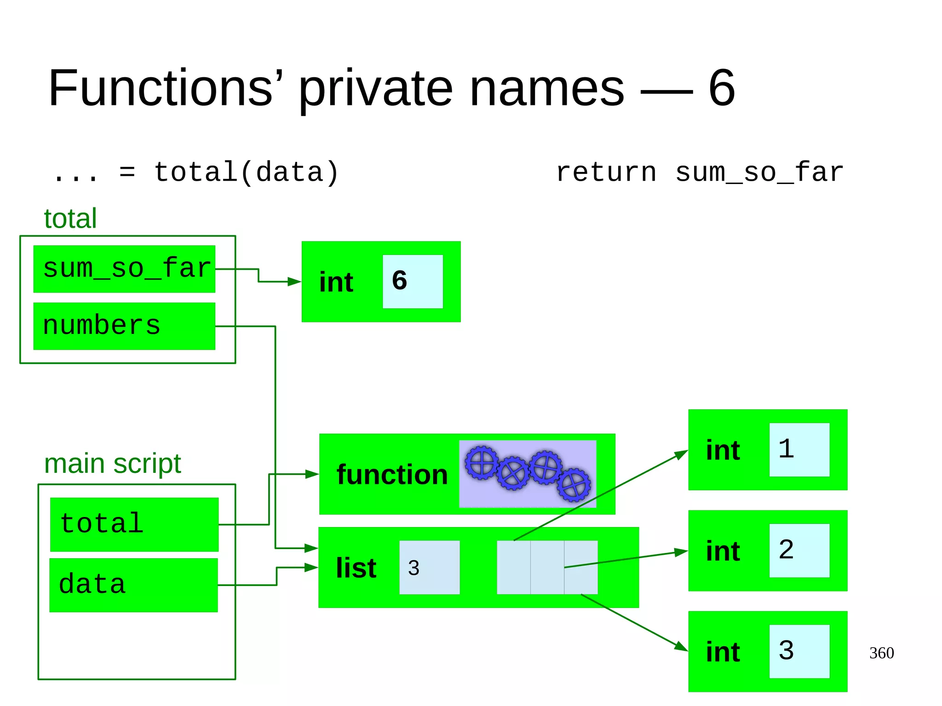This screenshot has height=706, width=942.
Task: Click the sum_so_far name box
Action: pyautogui.click(x=124, y=269)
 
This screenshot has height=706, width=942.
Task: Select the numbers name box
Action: pyautogui.click(x=124, y=326)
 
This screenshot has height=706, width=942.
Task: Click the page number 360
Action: pyautogui.click(x=881, y=653)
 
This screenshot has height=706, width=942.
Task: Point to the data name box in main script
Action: pyautogui.click(x=133, y=585)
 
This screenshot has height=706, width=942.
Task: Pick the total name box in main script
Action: pyautogui.click(x=134, y=524)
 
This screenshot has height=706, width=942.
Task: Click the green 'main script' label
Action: pyautogui.click(x=113, y=464)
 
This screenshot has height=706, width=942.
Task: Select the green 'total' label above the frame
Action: pyautogui.click(x=70, y=218)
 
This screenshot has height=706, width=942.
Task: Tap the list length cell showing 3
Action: pyautogui.click(x=429, y=568)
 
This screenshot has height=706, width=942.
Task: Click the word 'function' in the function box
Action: pyautogui.click(x=392, y=475)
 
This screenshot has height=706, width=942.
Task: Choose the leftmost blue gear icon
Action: pyautogui.click(x=482, y=463)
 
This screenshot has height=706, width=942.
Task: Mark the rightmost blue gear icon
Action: pyautogui.click(x=574, y=485)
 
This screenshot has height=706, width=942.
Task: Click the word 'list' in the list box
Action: pyautogui.click(x=356, y=568)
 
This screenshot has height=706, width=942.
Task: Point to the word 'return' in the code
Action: pyautogui.click(x=606, y=173)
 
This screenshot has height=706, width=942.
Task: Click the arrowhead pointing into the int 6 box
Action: pyautogui.click(x=294, y=281)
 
